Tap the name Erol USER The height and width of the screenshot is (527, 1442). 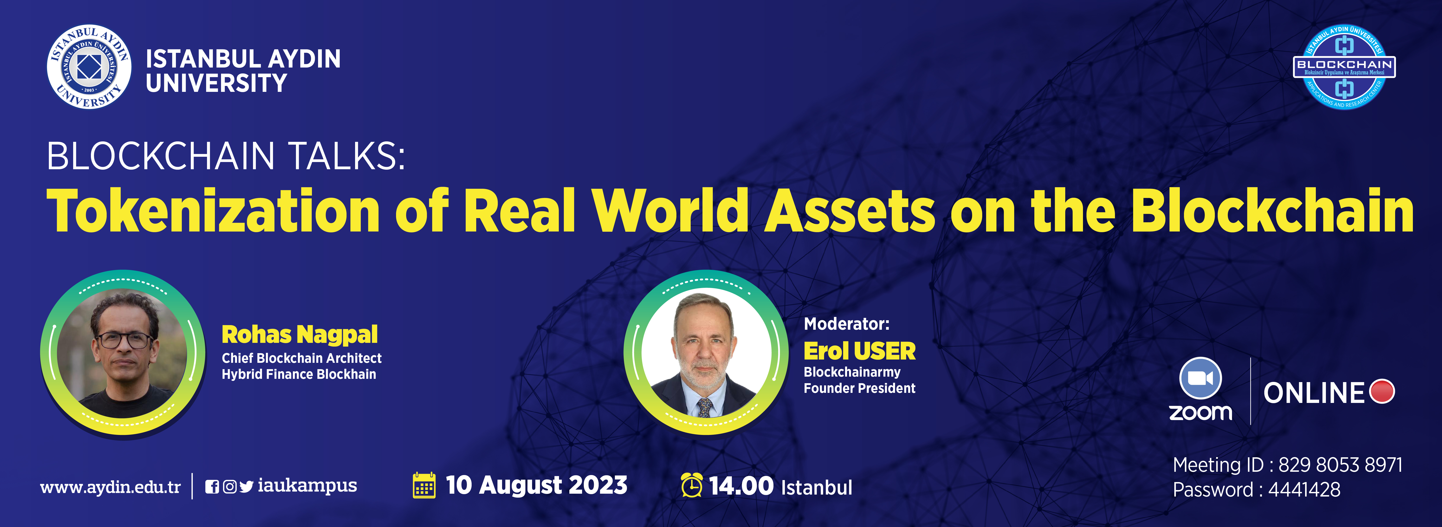[x=859, y=351]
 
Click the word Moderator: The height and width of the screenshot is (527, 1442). [x=846, y=324]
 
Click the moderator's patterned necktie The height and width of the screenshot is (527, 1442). [x=705, y=407]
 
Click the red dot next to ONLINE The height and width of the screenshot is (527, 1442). [x=1382, y=392]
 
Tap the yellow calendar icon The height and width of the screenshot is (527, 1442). [x=424, y=485]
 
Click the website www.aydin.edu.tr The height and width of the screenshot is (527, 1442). [x=110, y=487]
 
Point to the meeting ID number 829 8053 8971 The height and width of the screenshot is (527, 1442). [x=1340, y=465]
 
